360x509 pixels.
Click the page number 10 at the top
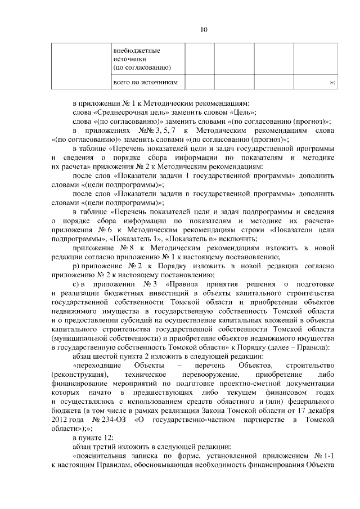click(x=204, y=29)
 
